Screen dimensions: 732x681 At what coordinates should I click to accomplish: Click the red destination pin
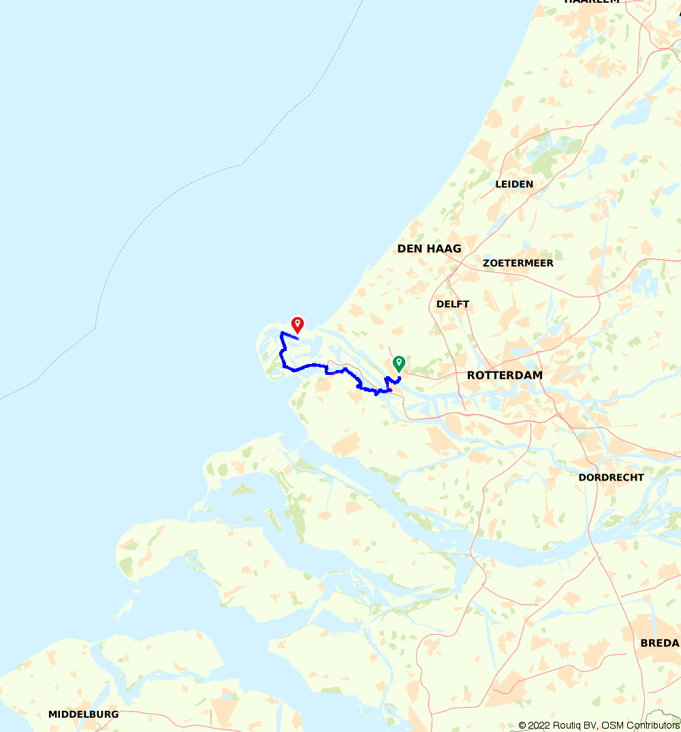pos(297,324)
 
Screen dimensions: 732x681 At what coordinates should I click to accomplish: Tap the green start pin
pos(398,363)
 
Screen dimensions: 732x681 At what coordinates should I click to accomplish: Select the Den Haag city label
pos(429,249)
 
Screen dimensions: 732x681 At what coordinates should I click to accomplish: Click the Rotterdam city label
pos(505,376)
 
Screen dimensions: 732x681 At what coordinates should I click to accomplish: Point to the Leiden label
pos(514,184)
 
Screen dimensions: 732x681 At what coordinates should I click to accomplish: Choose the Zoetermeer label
pos(518,263)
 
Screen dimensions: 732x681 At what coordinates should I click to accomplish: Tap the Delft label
pos(453,304)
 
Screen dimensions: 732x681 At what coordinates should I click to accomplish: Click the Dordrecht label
pos(611,477)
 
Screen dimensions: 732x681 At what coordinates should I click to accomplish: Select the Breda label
pos(659,643)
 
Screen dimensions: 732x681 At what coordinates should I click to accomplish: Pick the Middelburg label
pos(83,714)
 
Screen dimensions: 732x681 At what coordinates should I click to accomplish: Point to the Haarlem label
pos(592,2)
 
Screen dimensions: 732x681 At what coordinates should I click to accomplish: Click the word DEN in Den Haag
pos(410,249)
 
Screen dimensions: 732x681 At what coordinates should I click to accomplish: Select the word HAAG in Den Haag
pos(444,249)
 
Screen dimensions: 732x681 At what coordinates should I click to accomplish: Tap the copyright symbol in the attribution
pos(522,725)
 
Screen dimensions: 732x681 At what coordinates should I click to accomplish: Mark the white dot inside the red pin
pos(297,322)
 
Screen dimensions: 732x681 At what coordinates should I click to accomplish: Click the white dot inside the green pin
pos(398,361)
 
